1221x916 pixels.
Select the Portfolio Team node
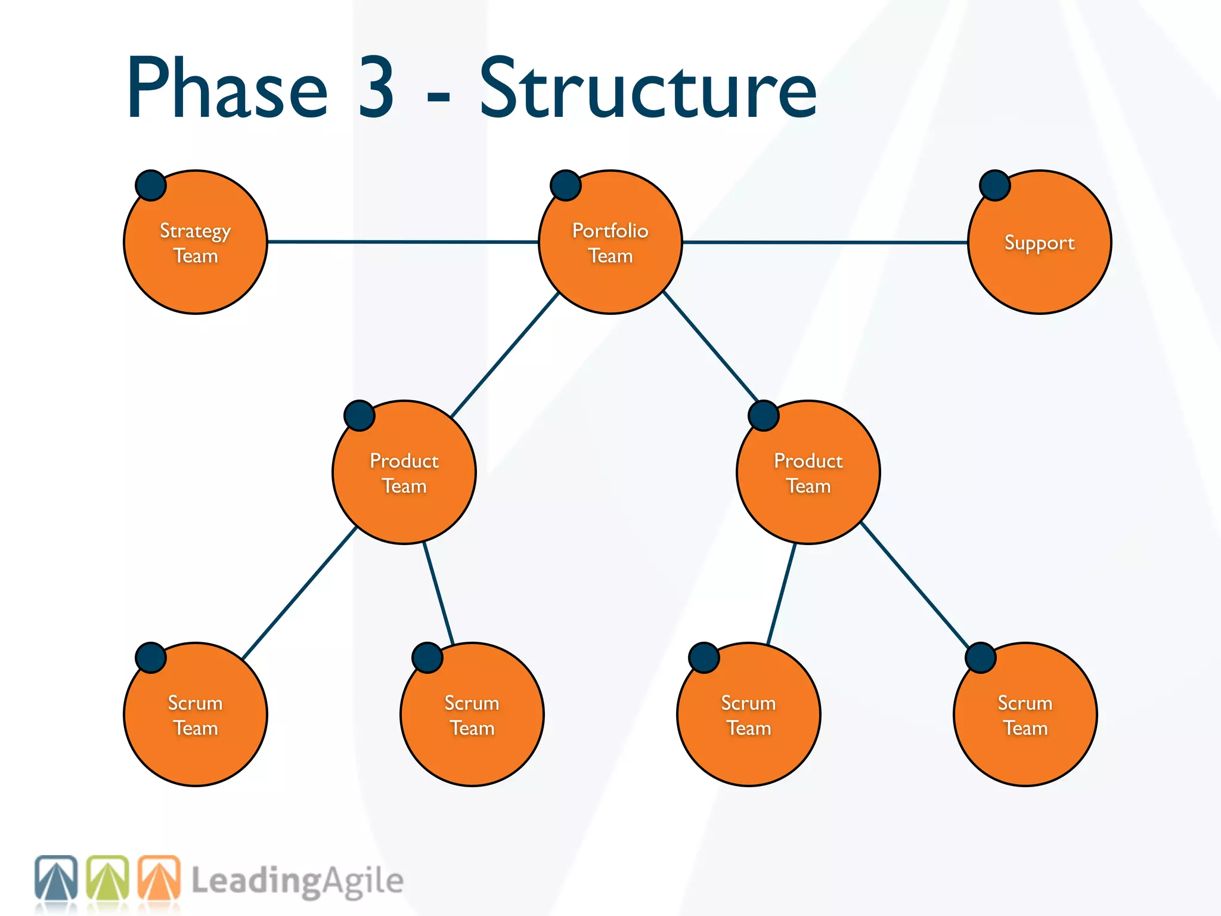pos(610,280)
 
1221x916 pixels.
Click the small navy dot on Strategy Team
pos(151,185)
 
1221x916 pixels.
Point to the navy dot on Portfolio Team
pos(566,185)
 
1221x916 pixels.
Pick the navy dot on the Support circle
pos(995,185)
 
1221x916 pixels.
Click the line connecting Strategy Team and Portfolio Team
pos(402,242)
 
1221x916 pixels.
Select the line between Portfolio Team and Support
pos(825,242)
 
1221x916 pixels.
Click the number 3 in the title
pos(376,88)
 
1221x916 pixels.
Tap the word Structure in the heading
pos(648,88)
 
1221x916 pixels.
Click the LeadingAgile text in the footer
pos(297,881)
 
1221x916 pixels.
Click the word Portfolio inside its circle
pos(610,231)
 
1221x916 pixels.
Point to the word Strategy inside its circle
pos(195,231)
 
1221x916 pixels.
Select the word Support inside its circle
pos(1039,243)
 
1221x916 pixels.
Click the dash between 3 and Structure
pos(438,95)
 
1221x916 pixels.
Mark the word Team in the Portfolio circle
pos(610,256)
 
